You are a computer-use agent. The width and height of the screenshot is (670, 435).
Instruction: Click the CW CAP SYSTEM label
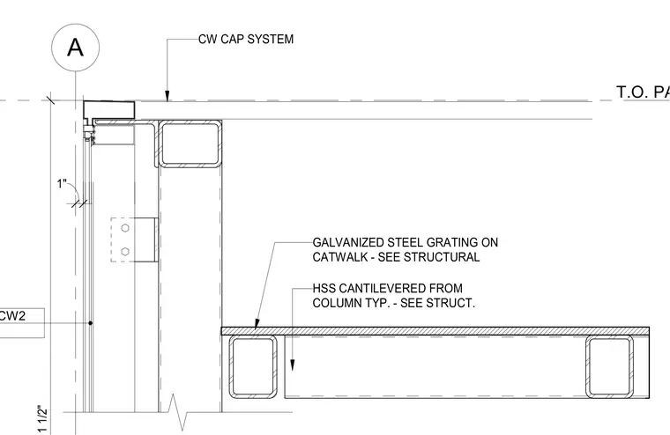246,40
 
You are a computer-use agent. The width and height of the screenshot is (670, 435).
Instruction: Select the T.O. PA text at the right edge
643,92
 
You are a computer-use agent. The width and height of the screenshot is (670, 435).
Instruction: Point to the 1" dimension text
63,184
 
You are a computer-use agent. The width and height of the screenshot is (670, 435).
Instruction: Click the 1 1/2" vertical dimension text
42,418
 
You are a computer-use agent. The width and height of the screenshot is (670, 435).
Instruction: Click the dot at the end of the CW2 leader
90,323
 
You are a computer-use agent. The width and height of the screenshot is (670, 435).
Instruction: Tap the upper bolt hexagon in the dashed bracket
125,228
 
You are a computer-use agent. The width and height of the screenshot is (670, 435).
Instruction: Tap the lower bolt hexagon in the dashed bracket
125,252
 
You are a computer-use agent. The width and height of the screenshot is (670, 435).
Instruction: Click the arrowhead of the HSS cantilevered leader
293,365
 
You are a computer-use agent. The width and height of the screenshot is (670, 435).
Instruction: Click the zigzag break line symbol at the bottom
178,412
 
